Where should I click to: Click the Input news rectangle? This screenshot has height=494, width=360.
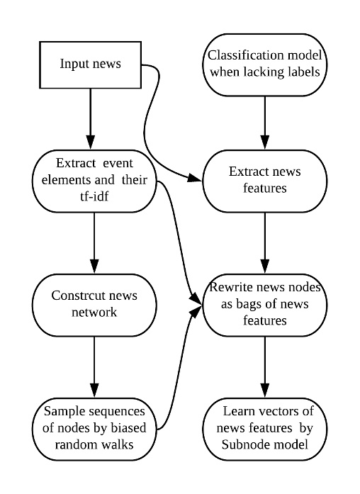click(x=90, y=64)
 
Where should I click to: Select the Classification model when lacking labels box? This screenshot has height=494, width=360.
click(x=264, y=64)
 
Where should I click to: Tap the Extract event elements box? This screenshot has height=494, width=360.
click(x=94, y=180)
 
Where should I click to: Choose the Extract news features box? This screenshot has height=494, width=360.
click(x=264, y=180)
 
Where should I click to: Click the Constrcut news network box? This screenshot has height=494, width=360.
click(x=94, y=302)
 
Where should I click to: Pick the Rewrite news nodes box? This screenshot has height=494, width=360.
click(x=264, y=303)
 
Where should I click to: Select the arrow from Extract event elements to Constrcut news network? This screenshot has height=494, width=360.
click(x=94, y=241)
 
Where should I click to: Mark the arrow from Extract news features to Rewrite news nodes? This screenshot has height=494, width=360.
click(x=264, y=241)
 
